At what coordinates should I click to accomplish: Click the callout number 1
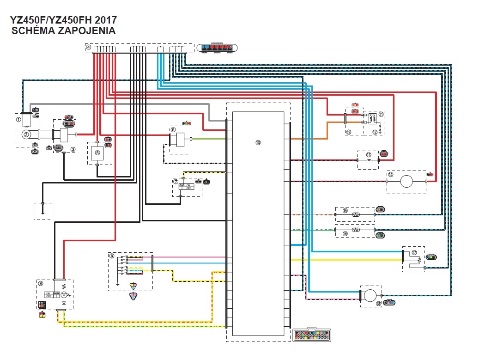(x=18, y=119)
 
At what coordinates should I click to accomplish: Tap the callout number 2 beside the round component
(x=26, y=134)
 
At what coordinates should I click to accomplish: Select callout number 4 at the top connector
(x=89, y=48)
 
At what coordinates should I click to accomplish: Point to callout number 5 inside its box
(x=97, y=152)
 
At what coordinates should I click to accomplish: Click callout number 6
(x=173, y=130)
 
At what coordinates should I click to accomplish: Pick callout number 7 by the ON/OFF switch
(x=176, y=182)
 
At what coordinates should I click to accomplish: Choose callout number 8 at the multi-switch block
(x=112, y=256)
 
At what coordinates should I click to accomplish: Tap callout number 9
(x=41, y=284)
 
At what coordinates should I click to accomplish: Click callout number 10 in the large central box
(x=258, y=142)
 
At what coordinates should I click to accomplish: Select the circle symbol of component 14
(x=406, y=181)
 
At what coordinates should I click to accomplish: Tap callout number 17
(x=414, y=253)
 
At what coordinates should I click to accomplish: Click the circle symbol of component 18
(x=369, y=296)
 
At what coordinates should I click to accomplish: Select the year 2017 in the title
(x=105, y=20)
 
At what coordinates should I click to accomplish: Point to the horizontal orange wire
(x=309, y=139)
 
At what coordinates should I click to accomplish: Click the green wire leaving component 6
(x=208, y=139)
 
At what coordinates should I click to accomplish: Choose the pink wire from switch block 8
(x=189, y=257)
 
